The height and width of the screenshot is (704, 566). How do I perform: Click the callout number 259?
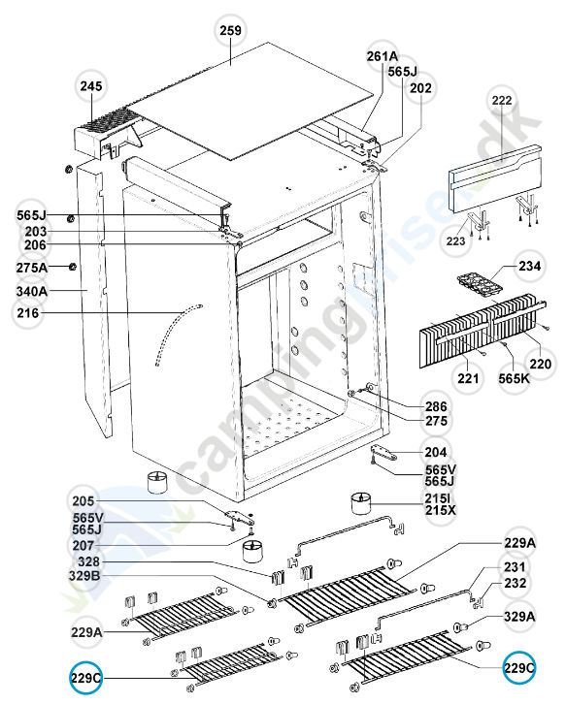(230, 31)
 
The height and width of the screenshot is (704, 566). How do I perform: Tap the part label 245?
(90, 87)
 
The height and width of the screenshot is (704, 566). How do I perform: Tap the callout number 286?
(433, 406)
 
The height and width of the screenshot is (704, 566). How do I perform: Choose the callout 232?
(514, 584)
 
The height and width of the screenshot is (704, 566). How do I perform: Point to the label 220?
(539, 366)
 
